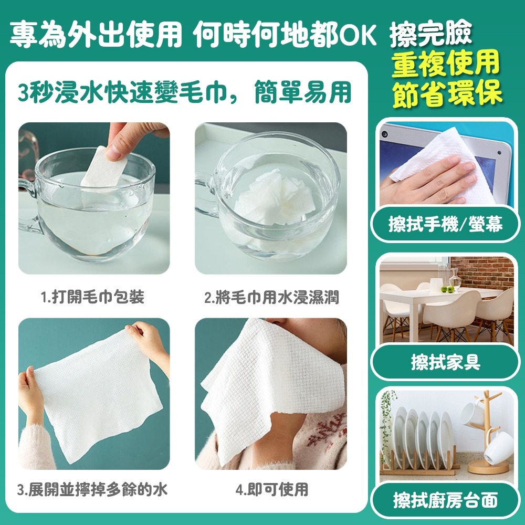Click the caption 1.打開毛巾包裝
click(x=93, y=298)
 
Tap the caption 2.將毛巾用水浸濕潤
click(x=271, y=298)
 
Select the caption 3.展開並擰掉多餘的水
click(x=92, y=491)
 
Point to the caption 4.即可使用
click(x=271, y=491)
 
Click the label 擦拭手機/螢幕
click(x=445, y=225)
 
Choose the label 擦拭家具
click(x=445, y=362)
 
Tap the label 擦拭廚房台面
click(x=445, y=500)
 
